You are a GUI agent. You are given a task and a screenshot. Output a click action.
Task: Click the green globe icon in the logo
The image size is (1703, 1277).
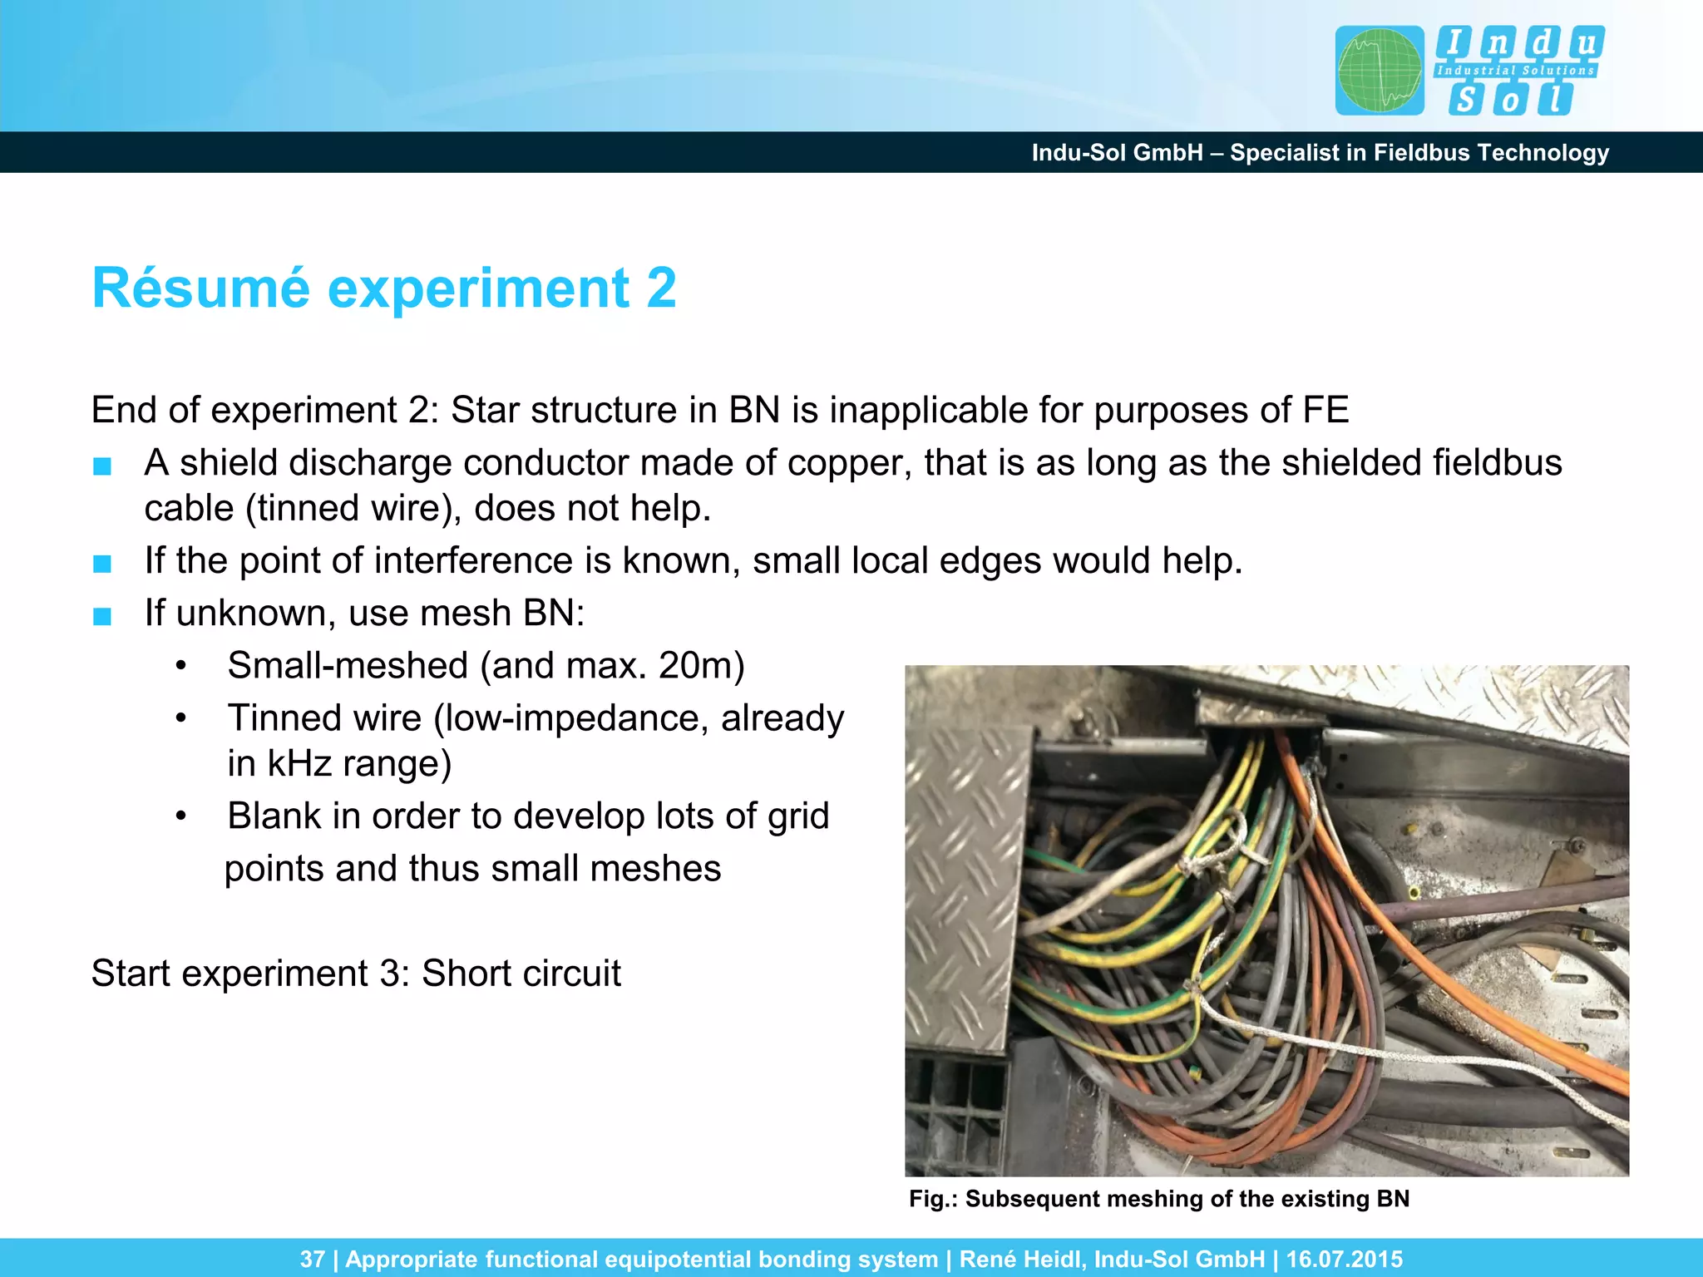point(1379,71)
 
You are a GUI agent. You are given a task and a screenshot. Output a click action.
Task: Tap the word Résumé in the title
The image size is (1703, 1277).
point(200,288)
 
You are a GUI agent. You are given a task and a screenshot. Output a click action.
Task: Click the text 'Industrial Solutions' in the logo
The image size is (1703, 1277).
point(1515,71)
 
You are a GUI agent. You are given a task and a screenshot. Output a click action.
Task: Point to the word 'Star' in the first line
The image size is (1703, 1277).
point(484,411)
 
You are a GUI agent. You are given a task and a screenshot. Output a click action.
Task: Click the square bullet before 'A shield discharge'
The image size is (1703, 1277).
point(102,466)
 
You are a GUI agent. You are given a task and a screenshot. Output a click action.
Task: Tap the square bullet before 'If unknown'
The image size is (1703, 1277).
point(102,616)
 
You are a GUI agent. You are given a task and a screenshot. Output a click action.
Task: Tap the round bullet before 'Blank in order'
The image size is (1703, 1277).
point(181,816)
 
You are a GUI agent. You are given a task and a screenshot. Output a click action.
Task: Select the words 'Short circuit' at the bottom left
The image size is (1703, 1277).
point(521,974)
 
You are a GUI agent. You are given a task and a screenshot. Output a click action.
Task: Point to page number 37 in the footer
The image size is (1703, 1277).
point(312,1259)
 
